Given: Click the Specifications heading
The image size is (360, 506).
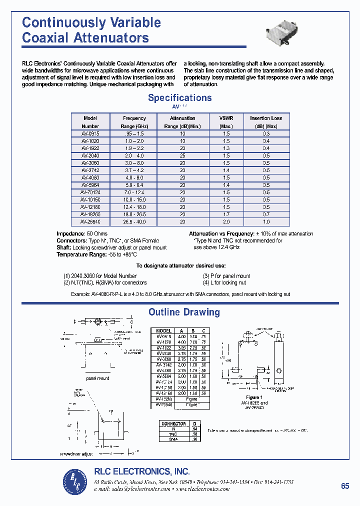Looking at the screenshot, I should (179, 98).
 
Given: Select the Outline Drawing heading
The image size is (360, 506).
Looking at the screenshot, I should (184, 312).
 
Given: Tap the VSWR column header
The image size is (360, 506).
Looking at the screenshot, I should (226, 118).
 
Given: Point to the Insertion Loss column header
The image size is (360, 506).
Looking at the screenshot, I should (266, 118).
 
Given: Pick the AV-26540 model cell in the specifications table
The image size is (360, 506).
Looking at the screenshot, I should (90, 221).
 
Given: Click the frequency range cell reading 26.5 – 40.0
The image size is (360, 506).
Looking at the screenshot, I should (134, 221).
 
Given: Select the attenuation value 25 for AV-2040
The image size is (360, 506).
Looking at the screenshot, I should (182, 155).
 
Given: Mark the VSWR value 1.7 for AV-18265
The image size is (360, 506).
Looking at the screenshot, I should (226, 214).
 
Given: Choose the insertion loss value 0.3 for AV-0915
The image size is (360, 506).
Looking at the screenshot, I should (266, 133).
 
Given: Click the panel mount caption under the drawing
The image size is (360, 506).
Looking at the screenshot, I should (97, 378).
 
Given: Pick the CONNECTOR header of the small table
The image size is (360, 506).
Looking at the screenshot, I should (173, 423).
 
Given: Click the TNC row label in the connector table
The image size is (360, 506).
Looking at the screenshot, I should (173, 434).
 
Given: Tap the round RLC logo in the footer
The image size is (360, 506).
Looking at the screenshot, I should (75, 481).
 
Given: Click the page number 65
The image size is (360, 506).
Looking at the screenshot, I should (345, 486).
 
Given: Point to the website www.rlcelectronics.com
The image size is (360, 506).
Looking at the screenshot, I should (202, 489).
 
